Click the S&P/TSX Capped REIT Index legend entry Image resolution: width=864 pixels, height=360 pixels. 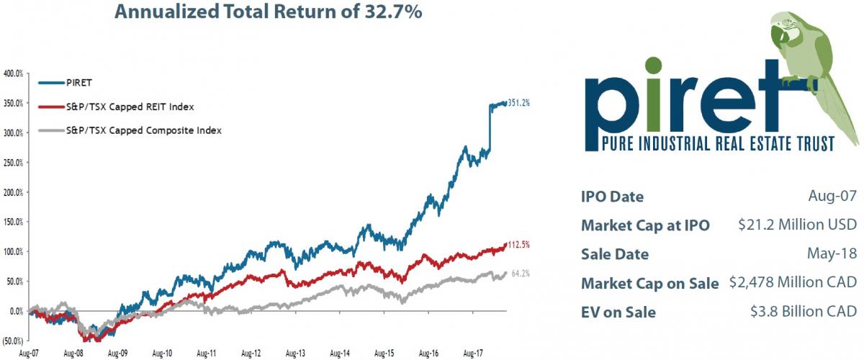(126, 107)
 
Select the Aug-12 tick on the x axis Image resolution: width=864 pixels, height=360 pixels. (251, 354)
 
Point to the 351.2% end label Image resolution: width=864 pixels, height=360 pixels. (519, 103)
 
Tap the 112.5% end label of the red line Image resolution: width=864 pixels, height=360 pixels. (519, 245)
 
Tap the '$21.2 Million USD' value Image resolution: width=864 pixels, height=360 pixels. (797, 225)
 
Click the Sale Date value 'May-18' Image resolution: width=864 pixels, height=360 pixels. (834, 254)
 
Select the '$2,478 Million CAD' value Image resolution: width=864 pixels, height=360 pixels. (792, 283)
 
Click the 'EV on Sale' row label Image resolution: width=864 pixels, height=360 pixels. (618, 312)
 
